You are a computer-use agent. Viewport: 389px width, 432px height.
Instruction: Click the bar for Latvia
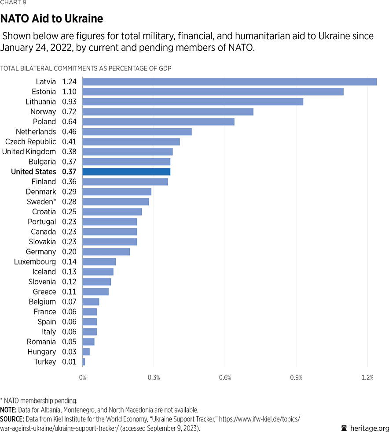(229, 82)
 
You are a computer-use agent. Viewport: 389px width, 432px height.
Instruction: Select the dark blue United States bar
(126, 172)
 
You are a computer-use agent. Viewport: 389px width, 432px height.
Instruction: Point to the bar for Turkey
(84, 362)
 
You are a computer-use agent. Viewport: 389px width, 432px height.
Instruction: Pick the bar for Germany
(106, 252)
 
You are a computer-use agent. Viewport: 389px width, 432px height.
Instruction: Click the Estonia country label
(44, 92)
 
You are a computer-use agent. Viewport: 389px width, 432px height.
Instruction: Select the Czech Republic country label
(30, 142)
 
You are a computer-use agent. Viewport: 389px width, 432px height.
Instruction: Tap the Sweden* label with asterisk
(41, 201)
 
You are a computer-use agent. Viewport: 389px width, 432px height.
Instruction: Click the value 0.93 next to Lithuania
(69, 101)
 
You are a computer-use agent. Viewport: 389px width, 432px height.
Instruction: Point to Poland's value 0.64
(69, 122)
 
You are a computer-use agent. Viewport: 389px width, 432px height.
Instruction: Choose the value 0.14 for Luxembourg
(69, 262)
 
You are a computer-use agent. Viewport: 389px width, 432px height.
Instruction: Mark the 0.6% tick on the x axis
(225, 378)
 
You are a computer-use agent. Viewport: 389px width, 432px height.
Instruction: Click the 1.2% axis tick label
(367, 378)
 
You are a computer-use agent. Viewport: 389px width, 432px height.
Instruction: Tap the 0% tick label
(83, 378)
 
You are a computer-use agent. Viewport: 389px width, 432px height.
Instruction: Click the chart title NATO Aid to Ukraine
(51, 19)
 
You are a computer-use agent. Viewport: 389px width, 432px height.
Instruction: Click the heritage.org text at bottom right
(369, 428)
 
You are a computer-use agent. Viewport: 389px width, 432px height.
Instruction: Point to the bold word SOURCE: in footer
(12, 419)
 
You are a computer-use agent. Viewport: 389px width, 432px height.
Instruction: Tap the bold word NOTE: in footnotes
(8, 410)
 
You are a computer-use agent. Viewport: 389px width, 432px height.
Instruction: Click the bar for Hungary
(86, 352)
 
